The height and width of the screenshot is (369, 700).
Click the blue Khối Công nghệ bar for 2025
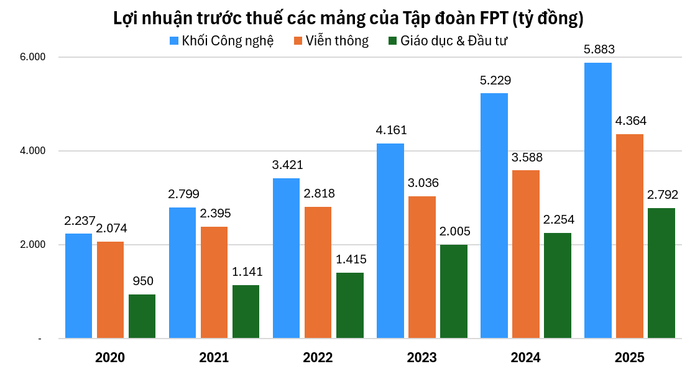pos(597,200)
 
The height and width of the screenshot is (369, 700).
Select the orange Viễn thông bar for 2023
pos(422,267)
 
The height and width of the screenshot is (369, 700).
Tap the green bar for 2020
pos(142,316)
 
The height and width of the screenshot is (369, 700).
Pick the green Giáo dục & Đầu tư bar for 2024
pos(558,285)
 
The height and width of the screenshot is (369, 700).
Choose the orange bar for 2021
pos(214,282)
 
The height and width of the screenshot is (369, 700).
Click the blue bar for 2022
pos(286,258)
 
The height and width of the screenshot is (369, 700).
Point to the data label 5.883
pos(599,50)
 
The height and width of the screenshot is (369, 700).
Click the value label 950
pos(142,281)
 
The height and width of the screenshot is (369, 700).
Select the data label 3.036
pos(423,183)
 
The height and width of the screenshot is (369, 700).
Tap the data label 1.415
pos(351,259)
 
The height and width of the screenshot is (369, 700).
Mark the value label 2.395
pos(215,213)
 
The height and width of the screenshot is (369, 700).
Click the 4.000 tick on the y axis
pos(34,151)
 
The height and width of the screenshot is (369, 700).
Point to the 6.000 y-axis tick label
pos(34,57)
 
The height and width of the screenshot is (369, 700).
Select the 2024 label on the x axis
pos(525,358)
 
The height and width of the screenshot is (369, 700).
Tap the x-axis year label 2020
pos(110,358)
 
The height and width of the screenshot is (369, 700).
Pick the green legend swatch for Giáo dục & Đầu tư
pos(392,41)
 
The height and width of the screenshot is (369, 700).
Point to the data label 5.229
pos(495,80)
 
